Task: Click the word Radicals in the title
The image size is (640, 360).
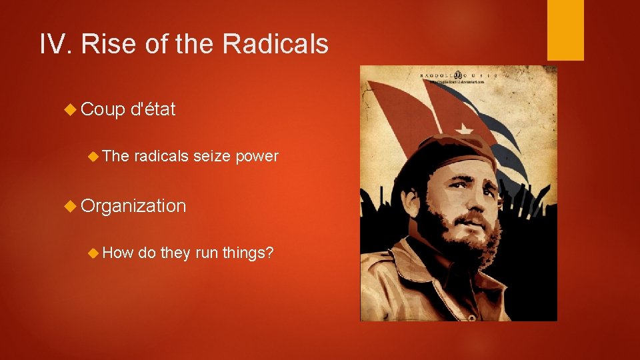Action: pos(275,44)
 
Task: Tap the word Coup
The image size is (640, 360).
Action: pos(103,109)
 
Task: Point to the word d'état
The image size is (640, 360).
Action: pos(154,109)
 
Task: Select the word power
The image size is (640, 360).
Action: pos(257,156)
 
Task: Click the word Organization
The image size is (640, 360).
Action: pos(133,206)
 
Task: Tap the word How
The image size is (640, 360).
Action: pos(119,253)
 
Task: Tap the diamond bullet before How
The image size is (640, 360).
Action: pos(94,253)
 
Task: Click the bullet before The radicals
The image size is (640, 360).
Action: pos(94,156)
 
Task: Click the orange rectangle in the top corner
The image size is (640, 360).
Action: pos(565,30)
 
